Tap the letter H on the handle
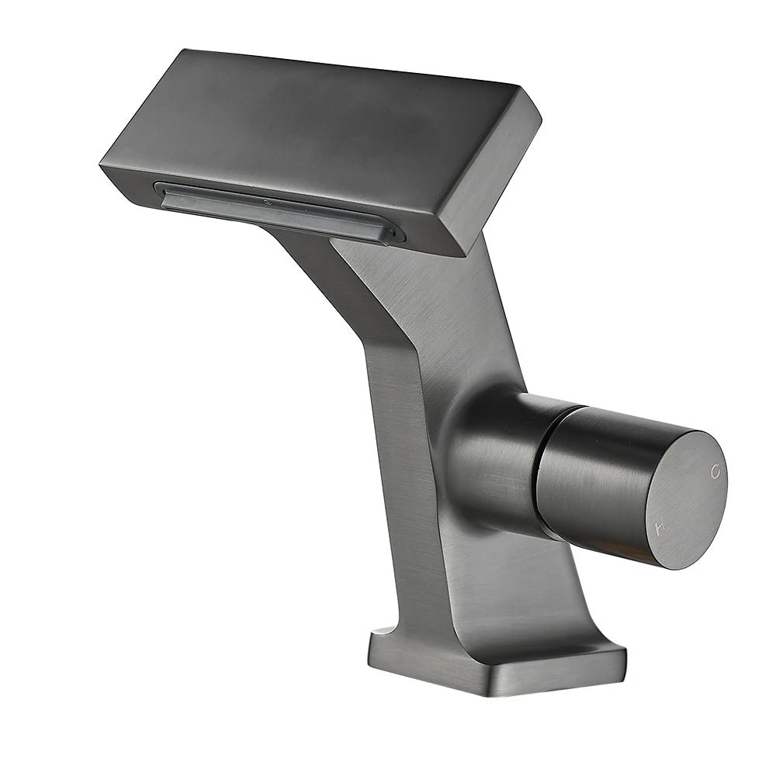660,528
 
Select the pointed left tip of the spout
101,166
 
